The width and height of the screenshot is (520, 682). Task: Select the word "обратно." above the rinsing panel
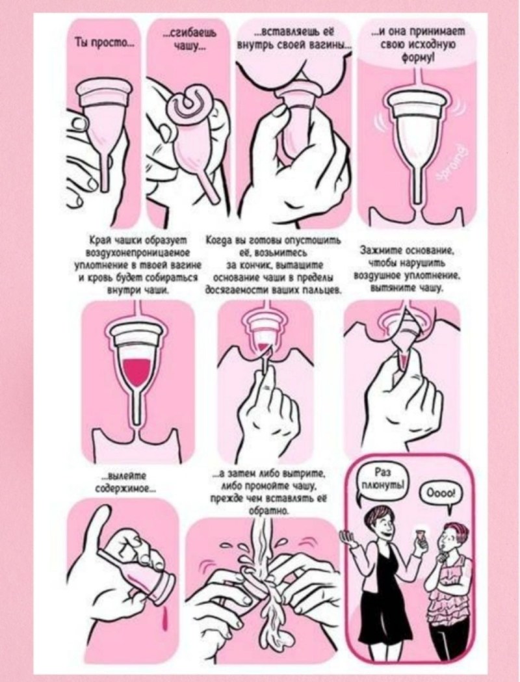(268, 511)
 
